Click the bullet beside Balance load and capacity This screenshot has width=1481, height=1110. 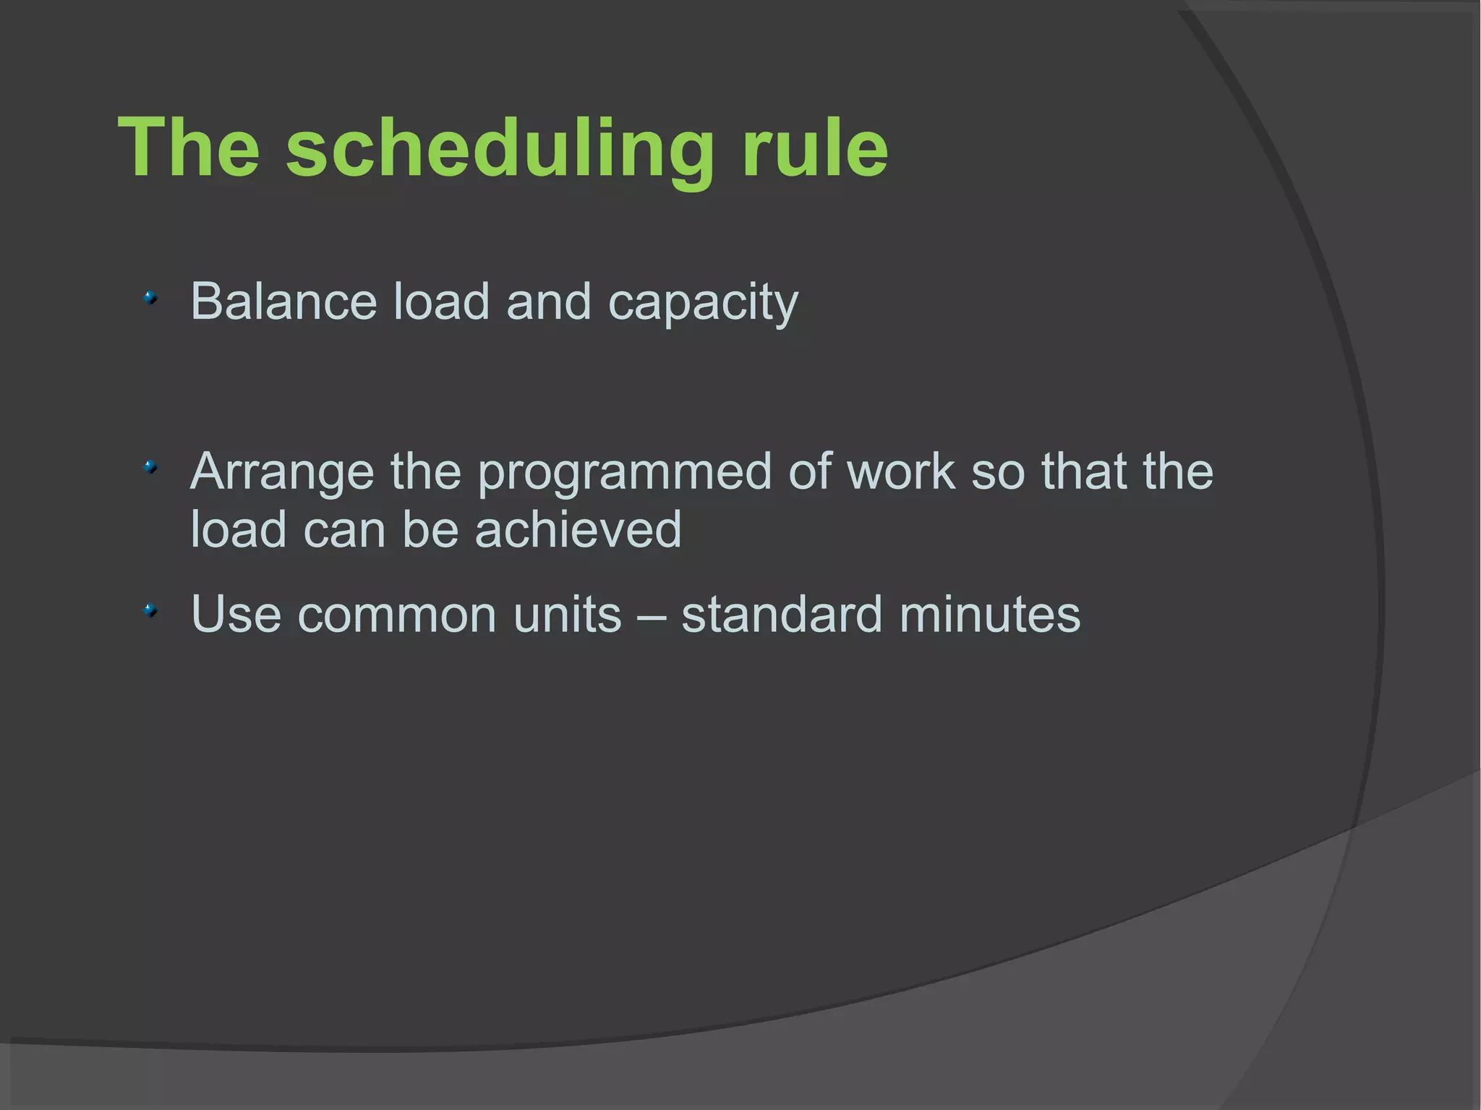(150, 297)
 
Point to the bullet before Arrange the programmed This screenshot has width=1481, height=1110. (150, 467)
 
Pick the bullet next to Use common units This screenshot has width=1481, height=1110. (150, 611)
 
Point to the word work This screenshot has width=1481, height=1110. (901, 471)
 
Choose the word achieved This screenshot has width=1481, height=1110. (578, 529)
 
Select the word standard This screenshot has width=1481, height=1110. (782, 615)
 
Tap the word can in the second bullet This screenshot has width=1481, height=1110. (344, 531)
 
